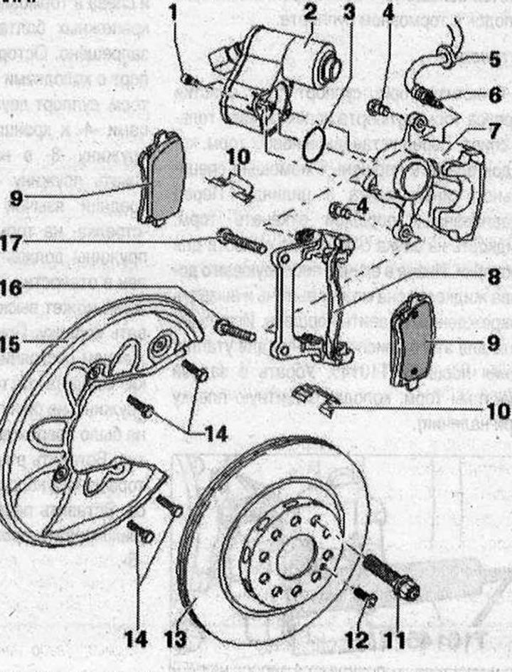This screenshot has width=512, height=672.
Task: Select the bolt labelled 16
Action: click(235, 329)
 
